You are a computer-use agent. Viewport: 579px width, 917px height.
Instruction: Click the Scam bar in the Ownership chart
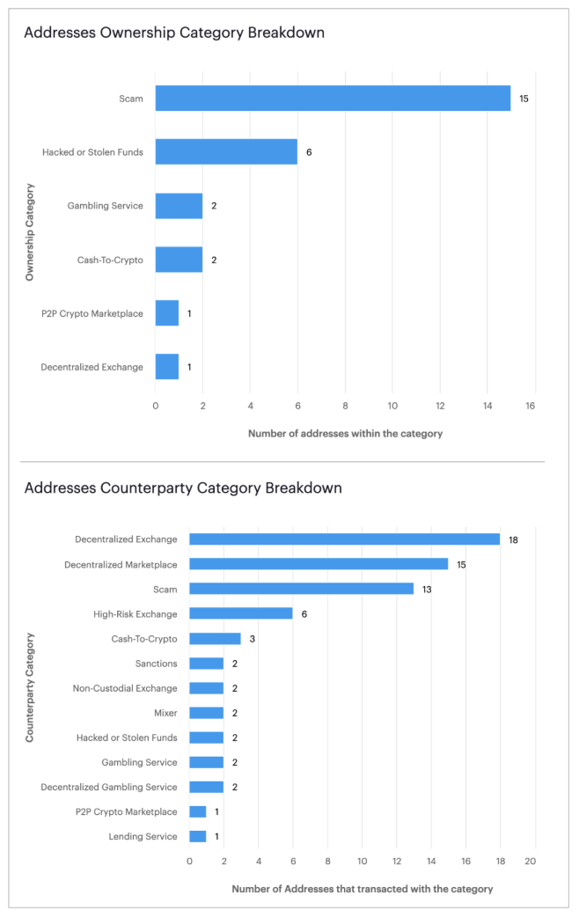pyautogui.click(x=333, y=99)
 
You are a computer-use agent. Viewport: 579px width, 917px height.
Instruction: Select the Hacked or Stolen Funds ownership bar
pyautogui.click(x=226, y=152)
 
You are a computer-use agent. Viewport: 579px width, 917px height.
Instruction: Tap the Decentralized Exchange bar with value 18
pyautogui.click(x=344, y=539)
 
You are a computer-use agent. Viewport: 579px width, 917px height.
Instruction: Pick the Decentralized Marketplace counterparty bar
pyautogui.click(x=319, y=564)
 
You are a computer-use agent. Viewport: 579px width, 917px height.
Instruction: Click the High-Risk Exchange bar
pyautogui.click(x=240, y=613)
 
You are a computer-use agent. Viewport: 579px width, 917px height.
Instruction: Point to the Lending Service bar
pyautogui.click(x=198, y=836)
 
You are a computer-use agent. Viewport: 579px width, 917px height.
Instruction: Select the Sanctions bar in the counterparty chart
pyautogui.click(x=206, y=664)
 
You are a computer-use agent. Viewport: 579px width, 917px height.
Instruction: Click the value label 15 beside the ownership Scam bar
pyautogui.click(x=524, y=99)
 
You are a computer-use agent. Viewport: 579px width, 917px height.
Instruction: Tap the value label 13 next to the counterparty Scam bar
pyautogui.click(x=427, y=589)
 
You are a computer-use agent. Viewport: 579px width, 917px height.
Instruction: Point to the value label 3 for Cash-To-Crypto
pyautogui.click(x=252, y=638)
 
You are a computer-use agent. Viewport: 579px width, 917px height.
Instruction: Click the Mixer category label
pyautogui.click(x=165, y=713)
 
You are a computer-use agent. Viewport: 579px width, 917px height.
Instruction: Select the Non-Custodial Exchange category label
pyautogui.click(x=125, y=688)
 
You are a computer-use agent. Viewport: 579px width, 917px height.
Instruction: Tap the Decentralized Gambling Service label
pyautogui.click(x=109, y=787)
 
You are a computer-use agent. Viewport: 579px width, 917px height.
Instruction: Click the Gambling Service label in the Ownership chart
pyautogui.click(x=105, y=206)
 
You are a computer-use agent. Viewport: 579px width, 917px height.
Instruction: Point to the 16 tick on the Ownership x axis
pyautogui.click(x=531, y=406)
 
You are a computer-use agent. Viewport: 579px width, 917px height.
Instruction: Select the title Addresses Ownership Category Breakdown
pyautogui.click(x=174, y=33)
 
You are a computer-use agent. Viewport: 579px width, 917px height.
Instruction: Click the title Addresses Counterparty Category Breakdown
pyautogui.click(x=183, y=488)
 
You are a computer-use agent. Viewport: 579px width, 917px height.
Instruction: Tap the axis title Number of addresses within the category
pyautogui.click(x=345, y=434)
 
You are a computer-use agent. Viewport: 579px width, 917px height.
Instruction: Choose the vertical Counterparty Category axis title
pyautogui.click(x=30, y=687)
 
